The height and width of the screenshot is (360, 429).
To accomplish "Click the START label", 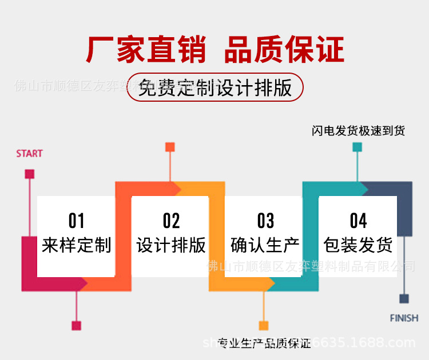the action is pyautogui.click(x=29, y=154).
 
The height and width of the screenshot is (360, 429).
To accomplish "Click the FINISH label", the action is pyautogui.click(x=404, y=318).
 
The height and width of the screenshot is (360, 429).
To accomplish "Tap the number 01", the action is pyautogui.click(x=76, y=221).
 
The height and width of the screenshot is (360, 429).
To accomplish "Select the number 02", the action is pyautogui.click(x=170, y=221).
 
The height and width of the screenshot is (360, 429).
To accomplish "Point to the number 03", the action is pyautogui.click(x=265, y=221).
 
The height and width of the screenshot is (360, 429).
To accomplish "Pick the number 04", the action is pyautogui.click(x=358, y=221).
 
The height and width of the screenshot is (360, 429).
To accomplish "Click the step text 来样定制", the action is pyautogui.click(x=76, y=245).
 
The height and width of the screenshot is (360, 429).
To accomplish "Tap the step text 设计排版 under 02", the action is pyautogui.click(x=170, y=245).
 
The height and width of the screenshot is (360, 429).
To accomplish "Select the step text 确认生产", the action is pyautogui.click(x=265, y=245).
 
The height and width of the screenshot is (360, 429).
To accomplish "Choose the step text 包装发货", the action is pyautogui.click(x=358, y=245).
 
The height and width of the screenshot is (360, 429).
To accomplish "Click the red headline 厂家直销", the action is pyautogui.click(x=146, y=50).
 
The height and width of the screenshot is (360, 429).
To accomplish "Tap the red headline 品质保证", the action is pyautogui.click(x=284, y=50).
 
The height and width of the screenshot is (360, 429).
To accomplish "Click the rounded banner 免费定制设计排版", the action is pyautogui.click(x=215, y=88).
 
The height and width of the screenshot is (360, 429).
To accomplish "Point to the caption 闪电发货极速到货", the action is pyautogui.click(x=358, y=131).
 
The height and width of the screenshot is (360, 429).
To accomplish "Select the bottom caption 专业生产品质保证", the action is pyautogui.click(x=264, y=343).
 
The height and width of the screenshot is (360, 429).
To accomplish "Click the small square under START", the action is pyautogui.click(x=30, y=174).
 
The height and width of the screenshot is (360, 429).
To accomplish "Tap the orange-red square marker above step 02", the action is pyautogui.click(x=170, y=147).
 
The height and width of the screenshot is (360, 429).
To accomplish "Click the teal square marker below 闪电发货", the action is pyautogui.click(x=357, y=147).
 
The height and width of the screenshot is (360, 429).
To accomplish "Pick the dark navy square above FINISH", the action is pyautogui.click(x=404, y=298).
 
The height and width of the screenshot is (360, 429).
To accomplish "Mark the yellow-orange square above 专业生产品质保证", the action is pyautogui.click(x=264, y=326).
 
